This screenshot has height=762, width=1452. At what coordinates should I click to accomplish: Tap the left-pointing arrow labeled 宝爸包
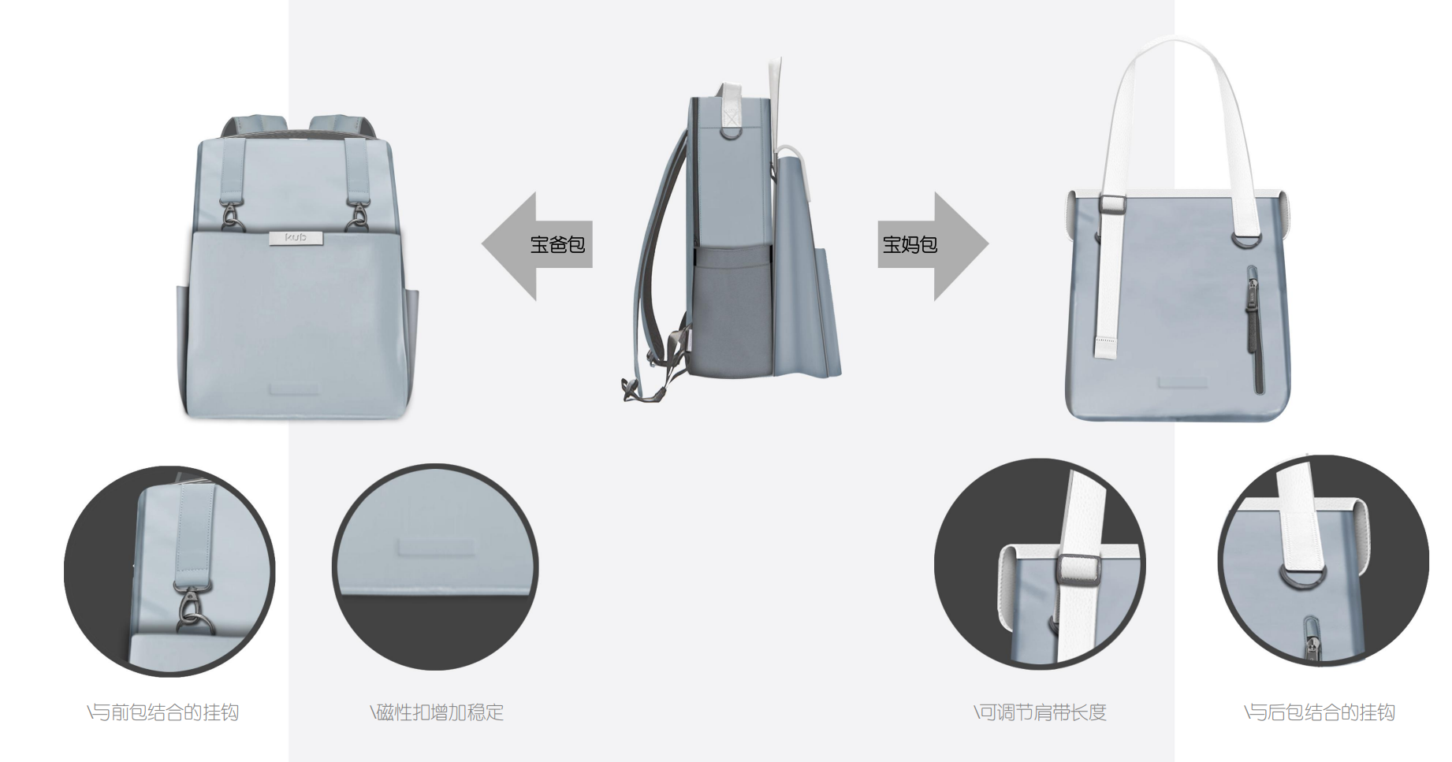537,245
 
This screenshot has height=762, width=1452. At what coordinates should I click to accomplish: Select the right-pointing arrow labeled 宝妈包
933,245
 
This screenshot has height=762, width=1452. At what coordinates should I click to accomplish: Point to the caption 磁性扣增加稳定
437,712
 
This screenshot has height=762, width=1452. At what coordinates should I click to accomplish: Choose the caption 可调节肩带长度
1040,712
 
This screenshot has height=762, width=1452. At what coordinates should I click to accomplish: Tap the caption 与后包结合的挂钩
1320,712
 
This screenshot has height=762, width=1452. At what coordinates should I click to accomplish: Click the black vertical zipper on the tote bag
1253,329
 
